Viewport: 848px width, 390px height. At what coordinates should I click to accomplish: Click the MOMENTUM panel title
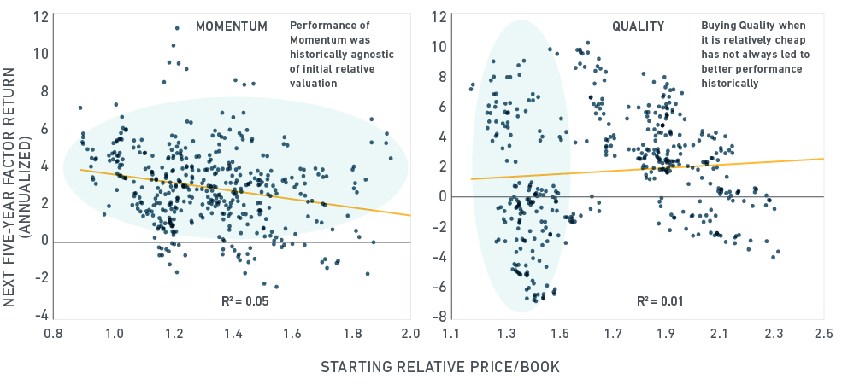click(233, 26)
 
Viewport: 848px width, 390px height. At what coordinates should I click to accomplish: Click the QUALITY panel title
click(638, 26)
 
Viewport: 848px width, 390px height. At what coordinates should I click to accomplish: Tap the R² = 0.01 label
click(658, 300)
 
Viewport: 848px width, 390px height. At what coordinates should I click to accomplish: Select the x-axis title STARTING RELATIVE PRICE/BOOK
click(439, 368)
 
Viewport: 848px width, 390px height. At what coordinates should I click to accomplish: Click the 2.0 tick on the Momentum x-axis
click(410, 333)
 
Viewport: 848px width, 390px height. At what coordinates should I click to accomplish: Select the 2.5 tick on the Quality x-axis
click(824, 333)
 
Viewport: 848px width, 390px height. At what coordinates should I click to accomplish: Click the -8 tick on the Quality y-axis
click(436, 316)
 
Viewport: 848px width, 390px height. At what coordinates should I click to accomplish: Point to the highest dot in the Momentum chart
click(177, 28)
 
